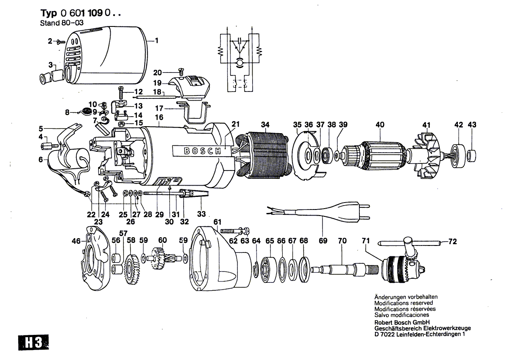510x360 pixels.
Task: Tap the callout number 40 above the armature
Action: click(380, 125)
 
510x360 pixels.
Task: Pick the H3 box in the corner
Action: click(33, 343)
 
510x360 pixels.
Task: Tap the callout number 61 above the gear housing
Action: click(217, 222)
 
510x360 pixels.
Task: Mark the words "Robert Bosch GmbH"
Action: click(402, 322)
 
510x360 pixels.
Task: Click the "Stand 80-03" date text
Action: click(62, 23)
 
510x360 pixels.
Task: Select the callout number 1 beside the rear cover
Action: click(156, 41)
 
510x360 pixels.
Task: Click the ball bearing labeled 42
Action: click(458, 155)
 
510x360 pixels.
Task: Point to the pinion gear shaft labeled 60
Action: click(162, 258)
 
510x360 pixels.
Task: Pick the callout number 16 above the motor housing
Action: click(159, 117)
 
